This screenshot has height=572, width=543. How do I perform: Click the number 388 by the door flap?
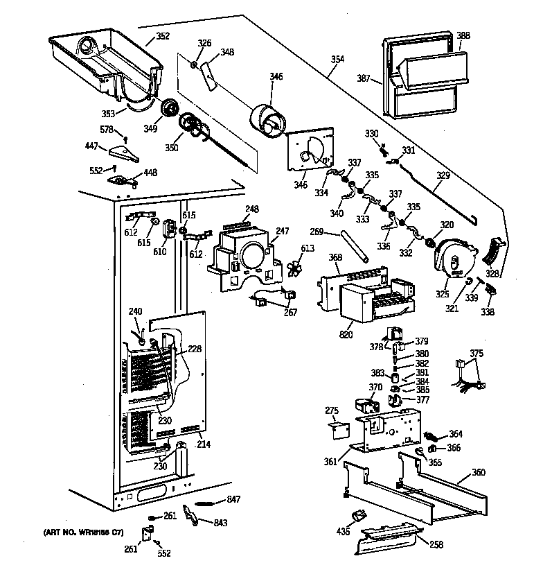click(463, 36)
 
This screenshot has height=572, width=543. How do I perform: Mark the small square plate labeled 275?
click(337, 431)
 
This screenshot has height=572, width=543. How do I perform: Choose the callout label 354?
click(337, 60)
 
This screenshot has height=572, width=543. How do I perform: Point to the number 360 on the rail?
click(478, 472)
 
